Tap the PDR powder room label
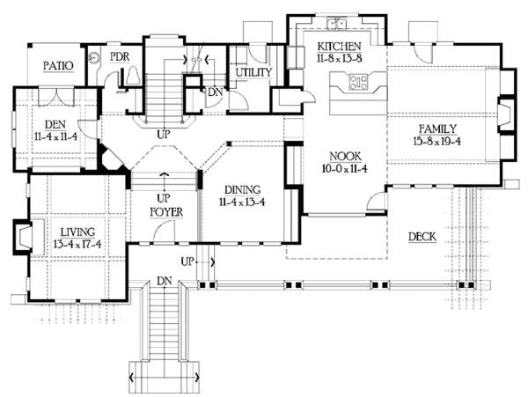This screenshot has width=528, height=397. tap(120, 56)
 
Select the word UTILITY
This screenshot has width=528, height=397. tap(253, 71)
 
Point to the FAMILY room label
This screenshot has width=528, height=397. tap(437, 129)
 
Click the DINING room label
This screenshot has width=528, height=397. tap(241, 189)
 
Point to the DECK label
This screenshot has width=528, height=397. tap(425, 235)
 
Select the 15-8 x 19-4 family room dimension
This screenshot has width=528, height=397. tap(438, 140)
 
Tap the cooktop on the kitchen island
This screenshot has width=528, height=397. tap(360, 83)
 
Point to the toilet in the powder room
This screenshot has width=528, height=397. tap(132, 79)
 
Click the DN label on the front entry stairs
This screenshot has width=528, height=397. tap(164, 281)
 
